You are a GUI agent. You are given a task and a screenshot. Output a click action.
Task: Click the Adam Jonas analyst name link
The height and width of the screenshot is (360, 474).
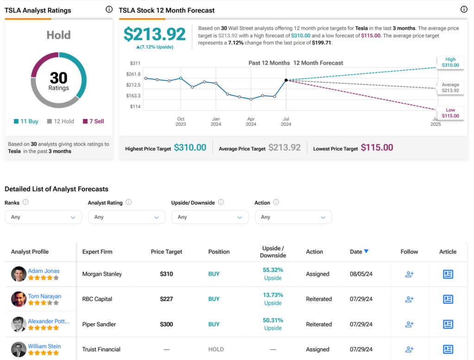[44, 271]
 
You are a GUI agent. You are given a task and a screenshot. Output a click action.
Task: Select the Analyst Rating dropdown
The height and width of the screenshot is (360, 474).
[126, 217]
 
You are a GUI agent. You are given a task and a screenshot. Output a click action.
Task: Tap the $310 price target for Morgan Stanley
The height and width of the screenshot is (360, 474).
[166, 274]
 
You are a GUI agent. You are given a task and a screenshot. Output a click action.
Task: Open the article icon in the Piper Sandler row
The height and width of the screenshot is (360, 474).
[448, 324]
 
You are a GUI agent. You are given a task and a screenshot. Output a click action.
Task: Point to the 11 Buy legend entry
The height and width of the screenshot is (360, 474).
[26, 121]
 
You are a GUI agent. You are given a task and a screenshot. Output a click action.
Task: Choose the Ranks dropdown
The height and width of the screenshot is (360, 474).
[43, 217]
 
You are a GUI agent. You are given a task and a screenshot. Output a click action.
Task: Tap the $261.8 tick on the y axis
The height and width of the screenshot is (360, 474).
[133, 74]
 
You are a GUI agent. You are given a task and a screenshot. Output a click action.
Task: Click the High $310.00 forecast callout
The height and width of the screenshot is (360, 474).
[450, 63]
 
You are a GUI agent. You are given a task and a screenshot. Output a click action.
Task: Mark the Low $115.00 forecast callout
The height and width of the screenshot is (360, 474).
[450, 113]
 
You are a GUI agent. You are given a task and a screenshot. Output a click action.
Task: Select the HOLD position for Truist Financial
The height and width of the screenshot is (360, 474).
[216, 349]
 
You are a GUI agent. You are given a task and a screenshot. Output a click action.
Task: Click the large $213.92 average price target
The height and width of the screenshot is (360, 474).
[155, 34]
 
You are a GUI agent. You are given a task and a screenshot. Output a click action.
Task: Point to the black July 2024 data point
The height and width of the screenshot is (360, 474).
[286, 80]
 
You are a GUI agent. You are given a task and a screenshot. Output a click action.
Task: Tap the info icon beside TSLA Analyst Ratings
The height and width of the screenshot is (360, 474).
[109, 9]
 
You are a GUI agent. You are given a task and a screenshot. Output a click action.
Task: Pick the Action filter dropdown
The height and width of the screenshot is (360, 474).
[293, 217]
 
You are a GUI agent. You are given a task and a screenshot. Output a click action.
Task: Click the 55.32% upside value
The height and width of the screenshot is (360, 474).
[273, 270]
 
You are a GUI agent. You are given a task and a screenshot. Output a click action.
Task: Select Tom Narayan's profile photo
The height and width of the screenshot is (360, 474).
[19, 299]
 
